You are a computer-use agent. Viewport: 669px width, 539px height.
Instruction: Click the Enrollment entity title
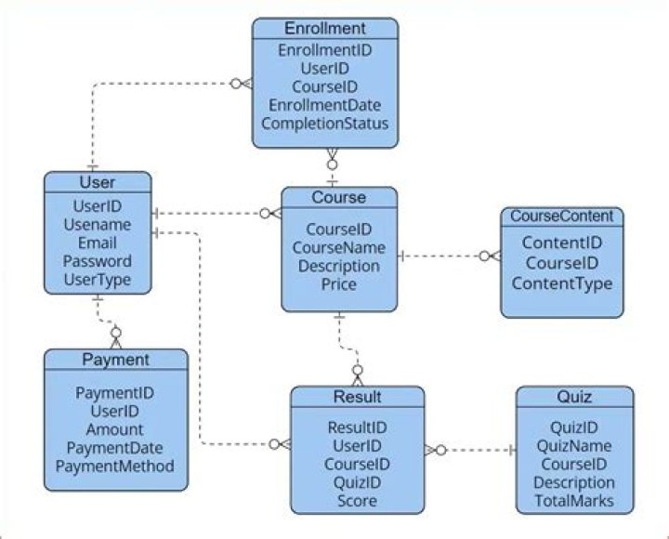point(325,29)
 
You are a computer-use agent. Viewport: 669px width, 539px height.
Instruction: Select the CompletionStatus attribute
point(325,123)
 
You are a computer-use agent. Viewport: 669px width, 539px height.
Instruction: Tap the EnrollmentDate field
point(325,105)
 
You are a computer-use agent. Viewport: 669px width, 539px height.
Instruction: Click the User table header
point(98,182)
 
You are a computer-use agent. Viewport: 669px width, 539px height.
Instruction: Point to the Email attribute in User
point(98,243)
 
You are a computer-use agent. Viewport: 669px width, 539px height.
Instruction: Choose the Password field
point(98,261)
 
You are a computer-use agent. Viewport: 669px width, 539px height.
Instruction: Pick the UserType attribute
point(98,279)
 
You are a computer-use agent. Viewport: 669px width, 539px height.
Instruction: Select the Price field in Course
point(339,284)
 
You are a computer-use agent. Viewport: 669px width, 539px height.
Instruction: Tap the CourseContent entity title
point(562,217)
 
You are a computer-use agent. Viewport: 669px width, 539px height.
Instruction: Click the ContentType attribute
point(562,283)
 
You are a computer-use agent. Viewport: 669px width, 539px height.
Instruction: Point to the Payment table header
point(115,360)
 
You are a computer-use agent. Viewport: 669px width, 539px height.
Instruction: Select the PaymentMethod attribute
point(115,466)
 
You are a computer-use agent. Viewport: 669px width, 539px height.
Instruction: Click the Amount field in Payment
point(115,429)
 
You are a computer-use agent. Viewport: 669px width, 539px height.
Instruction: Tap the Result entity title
point(358,397)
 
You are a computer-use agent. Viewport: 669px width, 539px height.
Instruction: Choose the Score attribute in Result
point(358,500)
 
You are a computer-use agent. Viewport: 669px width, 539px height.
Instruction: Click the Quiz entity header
point(574,397)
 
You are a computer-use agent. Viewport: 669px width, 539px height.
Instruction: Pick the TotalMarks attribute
point(574,501)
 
